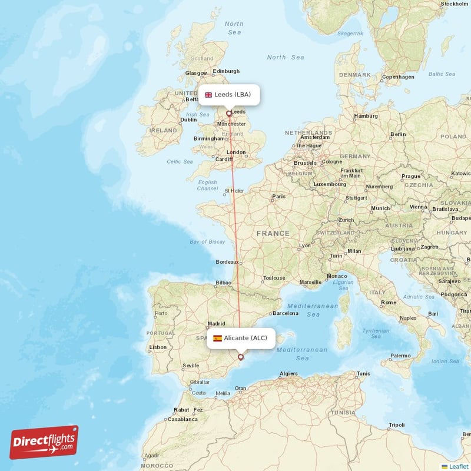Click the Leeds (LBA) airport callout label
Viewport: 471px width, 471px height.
point(229,95)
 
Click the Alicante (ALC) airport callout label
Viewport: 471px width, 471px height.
point(240,338)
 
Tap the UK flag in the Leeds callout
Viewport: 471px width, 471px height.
point(208,95)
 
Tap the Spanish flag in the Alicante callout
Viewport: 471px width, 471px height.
point(218,338)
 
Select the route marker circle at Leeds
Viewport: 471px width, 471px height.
point(228,114)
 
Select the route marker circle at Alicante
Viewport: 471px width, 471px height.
point(240,357)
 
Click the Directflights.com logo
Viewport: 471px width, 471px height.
point(44,442)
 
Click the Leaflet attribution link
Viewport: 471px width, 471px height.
point(459,466)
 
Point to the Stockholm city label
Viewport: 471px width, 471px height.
point(454,4)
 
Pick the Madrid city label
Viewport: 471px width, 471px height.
point(216,323)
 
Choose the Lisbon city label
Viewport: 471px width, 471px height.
point(158,347)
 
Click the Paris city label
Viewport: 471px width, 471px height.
point(278,197)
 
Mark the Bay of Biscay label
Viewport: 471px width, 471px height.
point(207,242)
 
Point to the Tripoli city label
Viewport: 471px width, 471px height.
point(396,425)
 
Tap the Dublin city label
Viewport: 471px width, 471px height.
point(188,120)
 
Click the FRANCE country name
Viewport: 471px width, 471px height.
point(273,234)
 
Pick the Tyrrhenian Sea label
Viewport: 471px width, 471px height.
point(376,334)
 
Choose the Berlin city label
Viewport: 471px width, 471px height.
point(398,134)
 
